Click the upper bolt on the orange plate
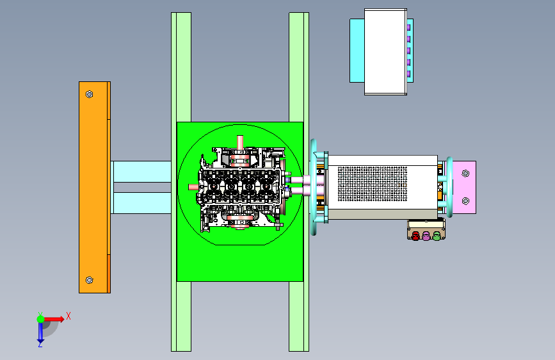[89, 94]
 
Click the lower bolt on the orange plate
[89, 281]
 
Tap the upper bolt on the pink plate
[465, 173]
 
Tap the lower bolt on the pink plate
[465, 201]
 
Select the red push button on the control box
[415, 236]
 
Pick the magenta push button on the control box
[426, 236]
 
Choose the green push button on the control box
[437, 236]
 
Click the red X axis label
[68, 316]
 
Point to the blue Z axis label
[40, 344]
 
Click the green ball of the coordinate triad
[41, 319]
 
